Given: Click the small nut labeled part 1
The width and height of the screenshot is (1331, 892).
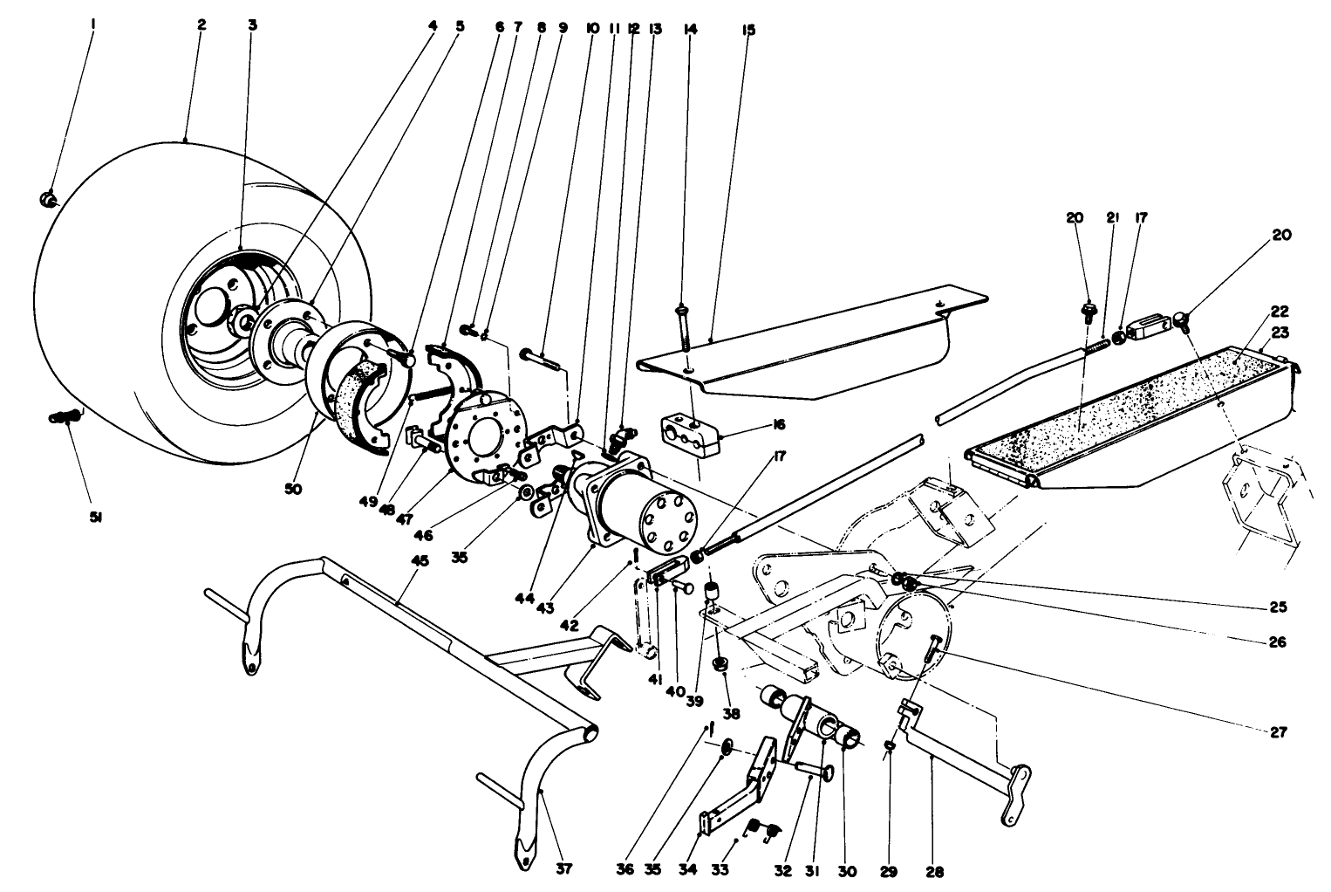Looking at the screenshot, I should click(x=49, y=201).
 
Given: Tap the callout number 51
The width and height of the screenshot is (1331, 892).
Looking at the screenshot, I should click(x=95, y=518).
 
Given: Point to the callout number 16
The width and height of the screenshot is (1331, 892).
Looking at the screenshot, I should click(x=778, y=425).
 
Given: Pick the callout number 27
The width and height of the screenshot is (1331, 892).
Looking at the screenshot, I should click(x=1278, y=733).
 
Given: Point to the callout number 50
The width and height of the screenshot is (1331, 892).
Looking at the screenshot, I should click(x=293, y=490).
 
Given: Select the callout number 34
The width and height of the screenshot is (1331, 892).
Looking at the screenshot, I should click(x=693, y=870).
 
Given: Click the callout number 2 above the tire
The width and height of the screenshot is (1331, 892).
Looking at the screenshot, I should click(x=201, y=24).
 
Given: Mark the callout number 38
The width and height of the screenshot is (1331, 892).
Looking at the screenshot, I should click(x=731, y=713).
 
